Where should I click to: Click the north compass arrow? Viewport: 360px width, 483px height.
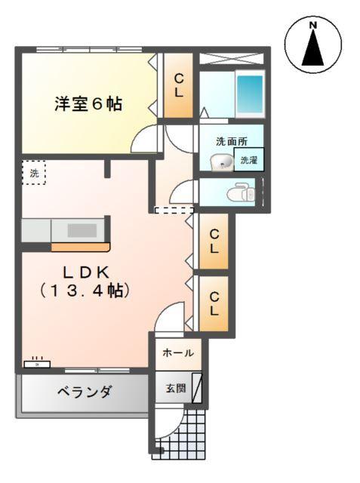click(312, 51)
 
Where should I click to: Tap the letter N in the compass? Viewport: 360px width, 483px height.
click(312, 26)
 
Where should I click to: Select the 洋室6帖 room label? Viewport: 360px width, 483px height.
click(88, 104)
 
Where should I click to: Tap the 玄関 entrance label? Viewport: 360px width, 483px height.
click(175, 389)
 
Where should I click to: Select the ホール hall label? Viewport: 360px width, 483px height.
click(178, 352)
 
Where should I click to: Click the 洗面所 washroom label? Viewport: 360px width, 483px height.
click(231, 141)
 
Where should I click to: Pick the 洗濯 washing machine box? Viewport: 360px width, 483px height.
click(250, 160)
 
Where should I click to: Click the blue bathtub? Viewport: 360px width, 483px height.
click(249, 93)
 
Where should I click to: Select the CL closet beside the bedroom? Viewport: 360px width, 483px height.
click(179, 85)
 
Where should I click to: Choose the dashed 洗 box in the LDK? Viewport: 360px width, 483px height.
click(32, 173)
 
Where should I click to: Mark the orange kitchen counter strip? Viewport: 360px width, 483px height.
click(80, 246)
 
